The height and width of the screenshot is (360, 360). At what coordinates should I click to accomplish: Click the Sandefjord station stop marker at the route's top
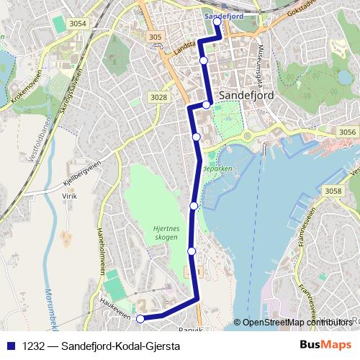click(217, 22)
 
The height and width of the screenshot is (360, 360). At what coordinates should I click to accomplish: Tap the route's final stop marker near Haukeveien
click(140, 318)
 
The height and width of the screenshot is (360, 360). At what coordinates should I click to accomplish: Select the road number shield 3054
click(77, 24)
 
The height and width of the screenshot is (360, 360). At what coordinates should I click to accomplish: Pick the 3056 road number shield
click(347, 132)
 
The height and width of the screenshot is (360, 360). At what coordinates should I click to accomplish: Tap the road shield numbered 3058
click(333, 191)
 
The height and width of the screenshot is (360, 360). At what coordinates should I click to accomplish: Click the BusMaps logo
click(325, 346)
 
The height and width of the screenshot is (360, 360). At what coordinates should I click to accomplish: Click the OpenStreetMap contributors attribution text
click(297, 323)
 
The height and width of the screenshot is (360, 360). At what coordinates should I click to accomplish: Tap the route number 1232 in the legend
click(32, 346)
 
